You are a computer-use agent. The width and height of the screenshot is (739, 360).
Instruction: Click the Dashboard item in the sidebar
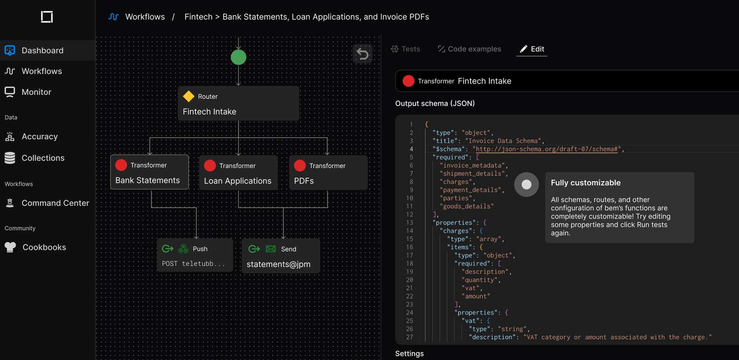[48, 50]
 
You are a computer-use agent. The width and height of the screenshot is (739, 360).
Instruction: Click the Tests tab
[405, 49]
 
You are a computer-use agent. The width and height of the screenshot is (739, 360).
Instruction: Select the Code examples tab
[469, 49]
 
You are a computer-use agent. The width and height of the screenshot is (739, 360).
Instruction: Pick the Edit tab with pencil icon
[532, 49]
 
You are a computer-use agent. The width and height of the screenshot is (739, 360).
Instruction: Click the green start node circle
[239, 57]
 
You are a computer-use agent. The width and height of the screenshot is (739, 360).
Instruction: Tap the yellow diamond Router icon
[188, 96]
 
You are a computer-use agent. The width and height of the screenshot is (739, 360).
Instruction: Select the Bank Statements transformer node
[149, 172]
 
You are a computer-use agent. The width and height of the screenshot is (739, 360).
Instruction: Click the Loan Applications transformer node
[238, 172]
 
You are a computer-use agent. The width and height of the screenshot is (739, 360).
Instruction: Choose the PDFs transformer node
[328, 172]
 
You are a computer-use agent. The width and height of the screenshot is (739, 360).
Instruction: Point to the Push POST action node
[195, 255]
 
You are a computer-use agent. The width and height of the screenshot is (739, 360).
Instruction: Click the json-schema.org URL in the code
[545, 149]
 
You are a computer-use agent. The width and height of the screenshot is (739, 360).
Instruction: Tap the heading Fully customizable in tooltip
[586, 183]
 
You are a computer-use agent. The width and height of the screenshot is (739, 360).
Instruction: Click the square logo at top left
[47, 17]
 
